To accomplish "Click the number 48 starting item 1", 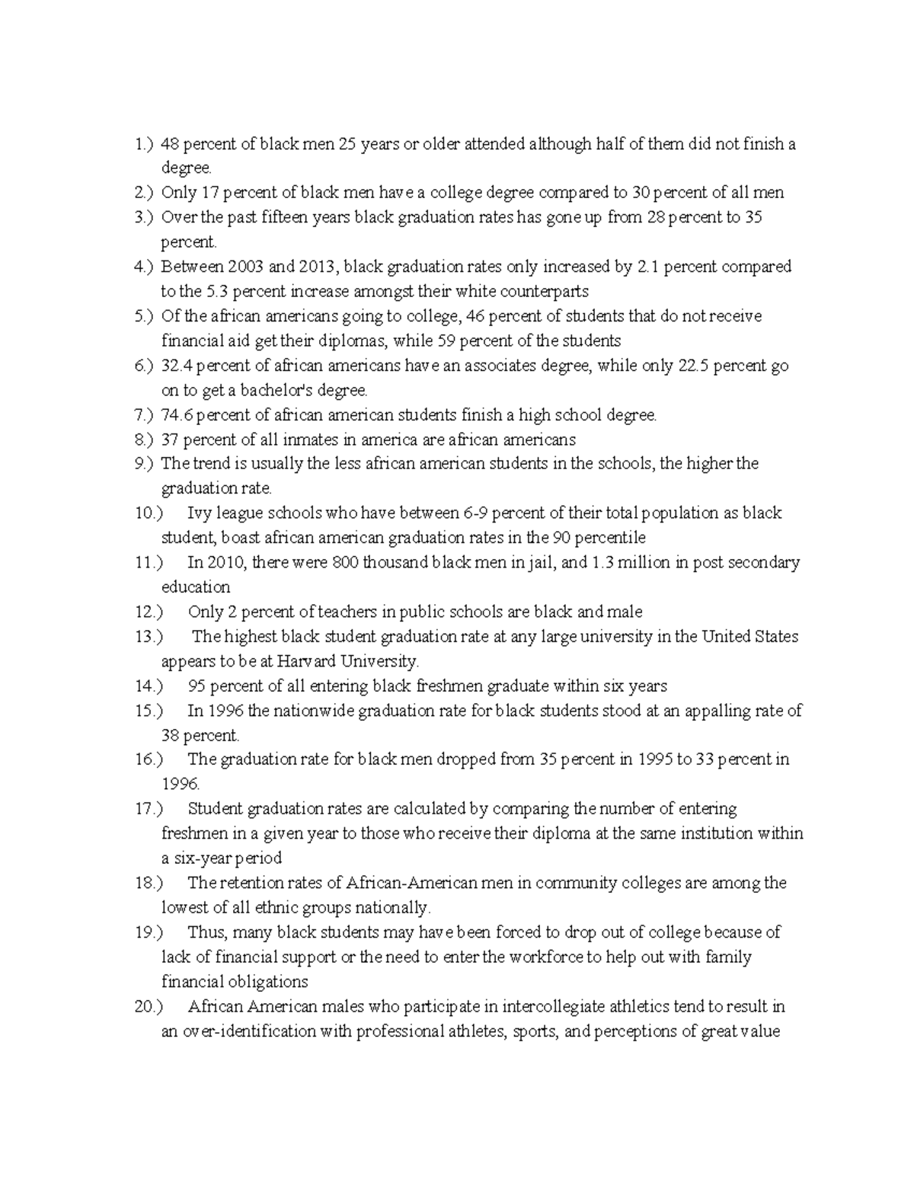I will [x=170, y=144].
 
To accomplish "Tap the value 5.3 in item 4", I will [x=219, y=291].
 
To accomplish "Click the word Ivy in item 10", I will [x=199, y=513].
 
